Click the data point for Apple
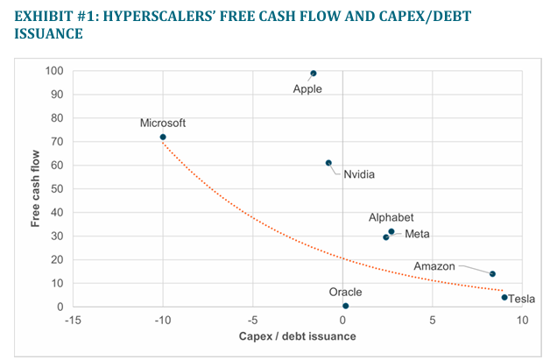pos(314,74)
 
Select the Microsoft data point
pos(163,137)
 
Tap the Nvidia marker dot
pos(328,163)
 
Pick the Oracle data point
pos(346,306)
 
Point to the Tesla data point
pos(504,298)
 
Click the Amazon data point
pos(492,274)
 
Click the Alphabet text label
pos(391,217)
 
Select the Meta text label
pos(417,234)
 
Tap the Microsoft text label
pos(163,124)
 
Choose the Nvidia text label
pos(359,174)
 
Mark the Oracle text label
pos(345,292)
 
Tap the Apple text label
pos(307,88)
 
